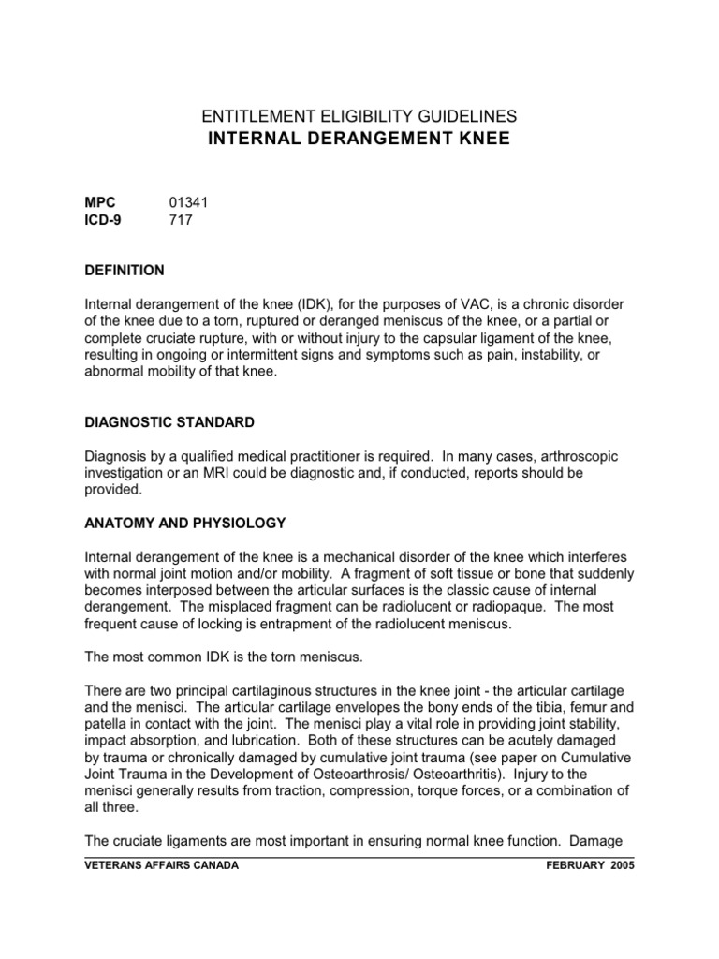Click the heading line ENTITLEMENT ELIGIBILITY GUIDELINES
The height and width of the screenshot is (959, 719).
coord(359,116)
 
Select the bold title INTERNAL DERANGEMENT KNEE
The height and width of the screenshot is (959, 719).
coord(359,140)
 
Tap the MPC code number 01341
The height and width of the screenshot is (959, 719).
coord(188,202)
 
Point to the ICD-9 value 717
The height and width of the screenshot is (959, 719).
coord(181,221)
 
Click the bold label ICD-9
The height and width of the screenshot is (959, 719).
coord(103,221)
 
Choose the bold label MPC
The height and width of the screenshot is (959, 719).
coord(100,202)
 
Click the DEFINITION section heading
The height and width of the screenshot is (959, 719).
coord(125,271)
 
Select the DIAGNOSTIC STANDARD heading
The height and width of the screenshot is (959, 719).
coord(169,423)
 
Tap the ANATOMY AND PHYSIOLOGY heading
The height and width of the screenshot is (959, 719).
coord(185,522)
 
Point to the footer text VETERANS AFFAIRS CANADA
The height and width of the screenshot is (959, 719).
coord(161,866)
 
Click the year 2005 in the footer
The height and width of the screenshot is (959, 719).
coord(619,866)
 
